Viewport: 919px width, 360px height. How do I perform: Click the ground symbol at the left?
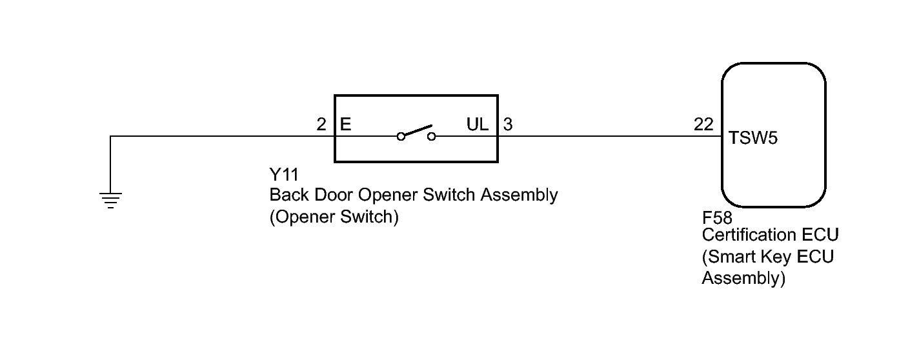(111, 201)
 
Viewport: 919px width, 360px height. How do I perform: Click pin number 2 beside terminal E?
(321, 124)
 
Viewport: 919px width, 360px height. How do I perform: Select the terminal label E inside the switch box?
(345, 124)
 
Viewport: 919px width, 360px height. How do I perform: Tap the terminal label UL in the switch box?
(478, 124)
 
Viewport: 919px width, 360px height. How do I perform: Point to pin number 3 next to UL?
(508, 124)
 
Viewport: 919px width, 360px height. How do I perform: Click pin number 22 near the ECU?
(703, 124)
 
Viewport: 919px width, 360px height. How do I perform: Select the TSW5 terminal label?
(754, 138)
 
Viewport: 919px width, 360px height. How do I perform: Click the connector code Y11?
(283, 175)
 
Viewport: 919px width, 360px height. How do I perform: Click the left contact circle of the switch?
(401, 136)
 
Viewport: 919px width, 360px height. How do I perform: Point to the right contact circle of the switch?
(431, 136)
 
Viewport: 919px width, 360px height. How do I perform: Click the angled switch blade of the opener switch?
(416, 131)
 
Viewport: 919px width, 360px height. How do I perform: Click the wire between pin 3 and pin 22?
(607, 136)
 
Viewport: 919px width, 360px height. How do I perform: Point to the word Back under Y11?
(287, 195)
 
